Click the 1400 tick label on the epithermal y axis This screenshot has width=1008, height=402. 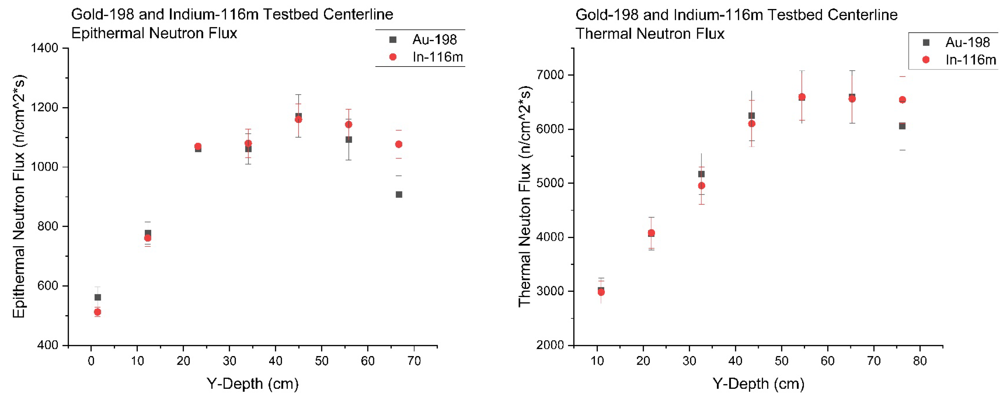(44, 48)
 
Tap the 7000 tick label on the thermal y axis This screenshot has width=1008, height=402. (550, 75)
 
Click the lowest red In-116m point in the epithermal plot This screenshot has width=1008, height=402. (97, 312)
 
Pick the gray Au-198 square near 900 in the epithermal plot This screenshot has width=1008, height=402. (399, 194)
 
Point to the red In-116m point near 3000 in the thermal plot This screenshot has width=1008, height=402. (601, 292)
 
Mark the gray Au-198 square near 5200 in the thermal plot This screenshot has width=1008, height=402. (701, 174)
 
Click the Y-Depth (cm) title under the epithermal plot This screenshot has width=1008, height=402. (252, 384)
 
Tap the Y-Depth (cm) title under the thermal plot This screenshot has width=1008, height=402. (758, 384)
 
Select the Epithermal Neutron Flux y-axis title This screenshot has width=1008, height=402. (19, 196)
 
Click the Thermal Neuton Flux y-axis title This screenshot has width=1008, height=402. (524, 196)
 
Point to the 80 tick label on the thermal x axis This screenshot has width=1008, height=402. (920, 361)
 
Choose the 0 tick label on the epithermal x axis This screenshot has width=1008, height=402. (91, 361)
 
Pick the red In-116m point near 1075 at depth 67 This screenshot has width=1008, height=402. (399, 144)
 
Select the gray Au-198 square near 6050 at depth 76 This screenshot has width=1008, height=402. (902, 126)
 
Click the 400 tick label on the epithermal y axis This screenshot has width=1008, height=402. (48, 345)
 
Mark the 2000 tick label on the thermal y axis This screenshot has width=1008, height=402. (550, 345)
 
